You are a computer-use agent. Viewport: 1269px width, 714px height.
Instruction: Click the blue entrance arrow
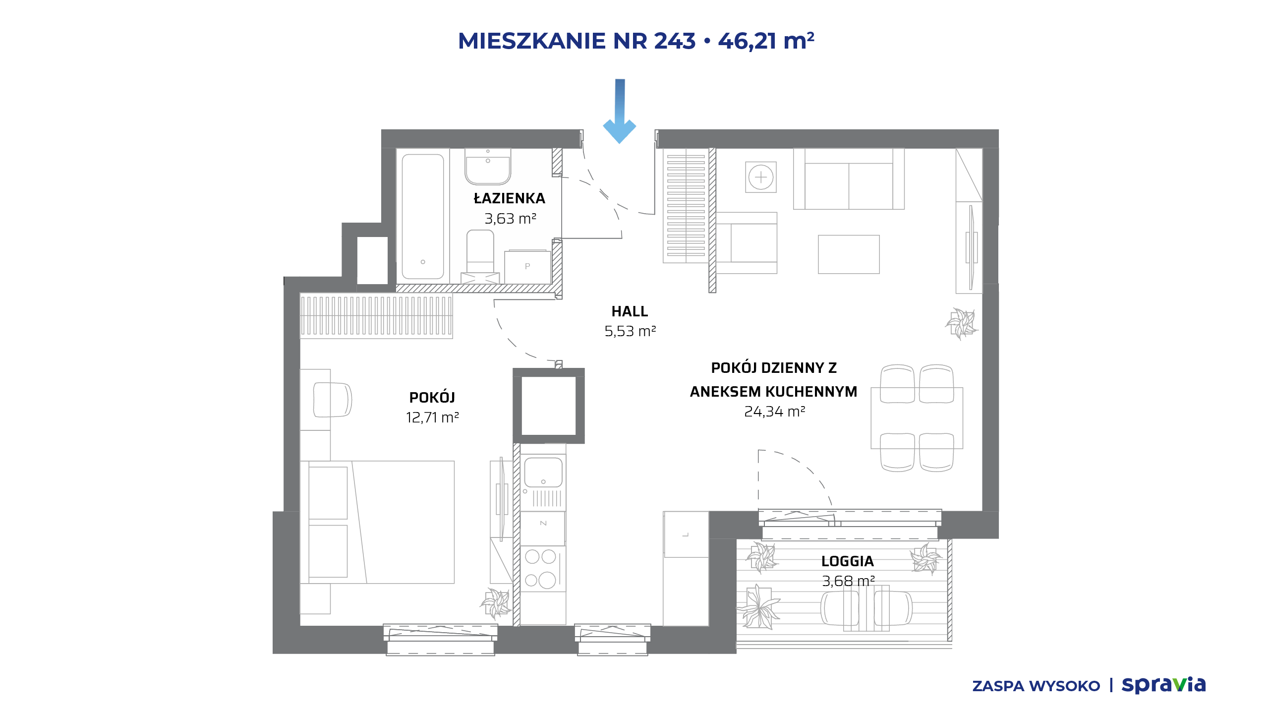tap(620, 112)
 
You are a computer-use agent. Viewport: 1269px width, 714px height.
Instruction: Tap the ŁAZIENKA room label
tap(510, 198)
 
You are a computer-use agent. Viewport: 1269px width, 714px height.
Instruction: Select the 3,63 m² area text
tap(511, 219)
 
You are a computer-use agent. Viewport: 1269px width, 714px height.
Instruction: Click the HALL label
tap(630, 311)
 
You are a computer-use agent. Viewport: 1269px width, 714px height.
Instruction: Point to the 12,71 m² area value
tap(432, 417)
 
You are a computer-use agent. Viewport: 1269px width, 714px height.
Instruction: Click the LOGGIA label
tap(848, 561)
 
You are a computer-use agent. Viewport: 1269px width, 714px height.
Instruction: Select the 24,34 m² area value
tap(775, 412)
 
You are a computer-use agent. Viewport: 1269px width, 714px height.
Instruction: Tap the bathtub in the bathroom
tap(423, 216)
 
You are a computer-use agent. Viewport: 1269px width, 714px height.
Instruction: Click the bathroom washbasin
tap(488, 167)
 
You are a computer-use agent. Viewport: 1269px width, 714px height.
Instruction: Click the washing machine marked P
tap(527, 267)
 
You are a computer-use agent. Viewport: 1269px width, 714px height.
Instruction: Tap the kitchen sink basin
tap(543, 472)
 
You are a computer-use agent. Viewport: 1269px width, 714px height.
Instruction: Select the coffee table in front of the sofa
tap(849, 254)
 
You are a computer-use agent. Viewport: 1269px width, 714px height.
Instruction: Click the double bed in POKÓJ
tap(377, 522)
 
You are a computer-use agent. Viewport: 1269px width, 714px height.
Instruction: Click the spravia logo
tap(1163, 685)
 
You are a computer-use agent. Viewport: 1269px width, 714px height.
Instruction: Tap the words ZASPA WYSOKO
tap(1036, 686)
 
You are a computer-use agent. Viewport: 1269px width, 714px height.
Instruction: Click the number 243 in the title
tap(675, 41)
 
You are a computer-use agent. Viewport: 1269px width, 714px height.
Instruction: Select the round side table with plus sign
tap(761, 177)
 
